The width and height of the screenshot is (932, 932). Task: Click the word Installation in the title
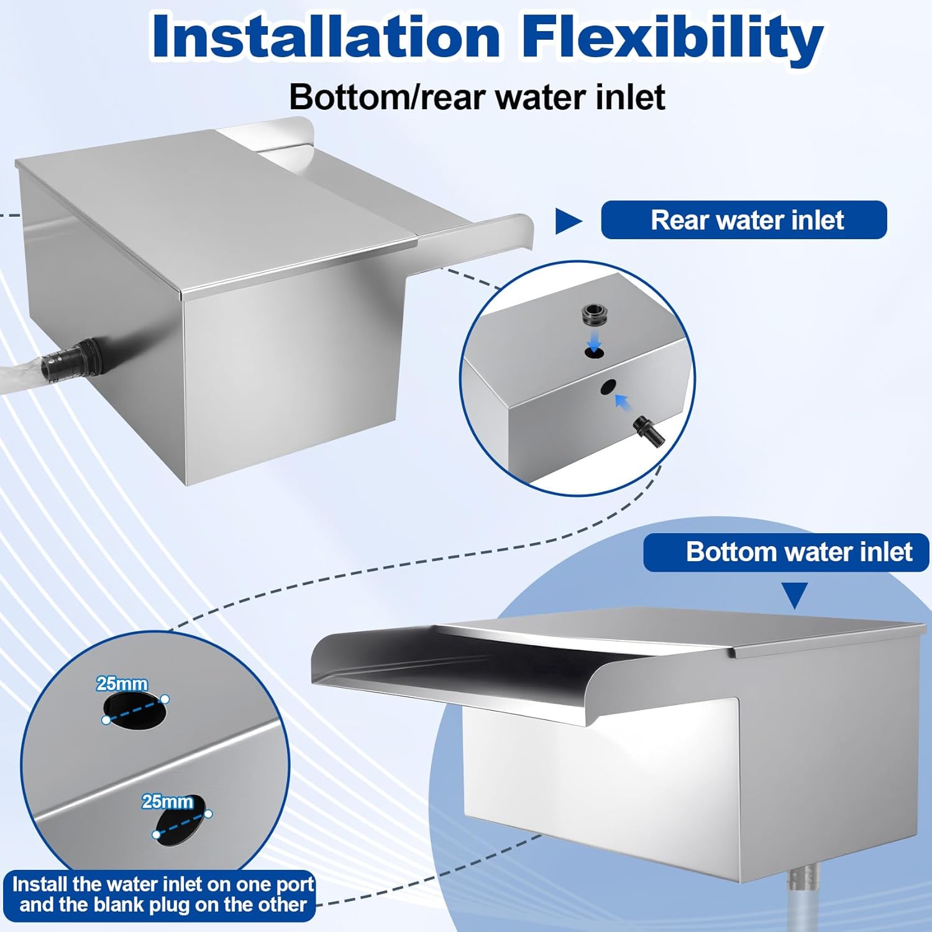(326, 37)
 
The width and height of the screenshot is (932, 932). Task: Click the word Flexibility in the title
(672, 37)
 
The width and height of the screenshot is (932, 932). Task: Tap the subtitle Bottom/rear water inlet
(477, 98)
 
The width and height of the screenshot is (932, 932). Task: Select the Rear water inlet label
(744, 220)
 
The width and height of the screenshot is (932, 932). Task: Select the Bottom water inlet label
(786, 552)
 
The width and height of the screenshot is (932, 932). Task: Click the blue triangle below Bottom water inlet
(795, 595)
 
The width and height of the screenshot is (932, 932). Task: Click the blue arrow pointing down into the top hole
(595, 339)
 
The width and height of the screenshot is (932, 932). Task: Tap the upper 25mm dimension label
(122, 684)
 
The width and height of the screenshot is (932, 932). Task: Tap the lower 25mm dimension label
(167, 802)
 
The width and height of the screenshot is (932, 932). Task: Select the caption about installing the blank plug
(163, 893)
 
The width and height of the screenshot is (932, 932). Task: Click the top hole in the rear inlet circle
(594, 352)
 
